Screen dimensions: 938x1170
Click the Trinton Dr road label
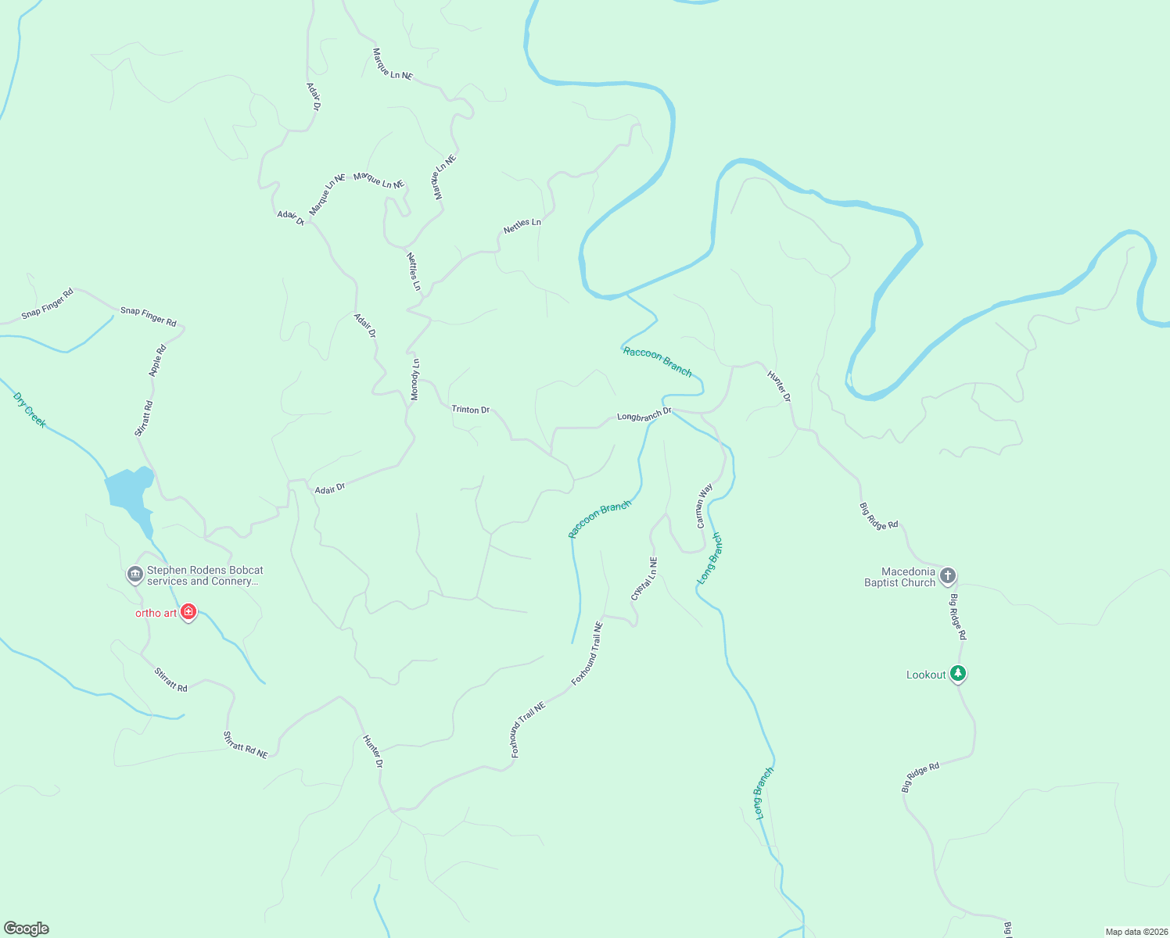pos(470,410)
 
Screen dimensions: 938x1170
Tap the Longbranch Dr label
pos(644,415)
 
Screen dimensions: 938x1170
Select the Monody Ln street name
pos(415,380)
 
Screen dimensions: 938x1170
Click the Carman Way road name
pos(705,506)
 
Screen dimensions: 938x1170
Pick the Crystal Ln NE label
pos(644,579)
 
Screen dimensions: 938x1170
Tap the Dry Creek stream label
pos(30,410)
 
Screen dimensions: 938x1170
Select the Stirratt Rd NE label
pos(246,745)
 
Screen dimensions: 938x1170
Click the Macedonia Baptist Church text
pos(899,577)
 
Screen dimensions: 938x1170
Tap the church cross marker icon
pos(948,577)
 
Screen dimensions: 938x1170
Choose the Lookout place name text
pos(926,675)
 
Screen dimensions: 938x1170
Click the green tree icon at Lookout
pos(958,673)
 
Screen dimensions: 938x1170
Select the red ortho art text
pos(156,613)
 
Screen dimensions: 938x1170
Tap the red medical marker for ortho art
pos(188,611)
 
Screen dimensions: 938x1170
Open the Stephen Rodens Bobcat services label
pos(205,575)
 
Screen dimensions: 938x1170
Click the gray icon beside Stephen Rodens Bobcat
pos(135,575)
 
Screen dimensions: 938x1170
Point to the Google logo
pos(27,929)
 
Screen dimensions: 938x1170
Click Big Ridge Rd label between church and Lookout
pos(958,618)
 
